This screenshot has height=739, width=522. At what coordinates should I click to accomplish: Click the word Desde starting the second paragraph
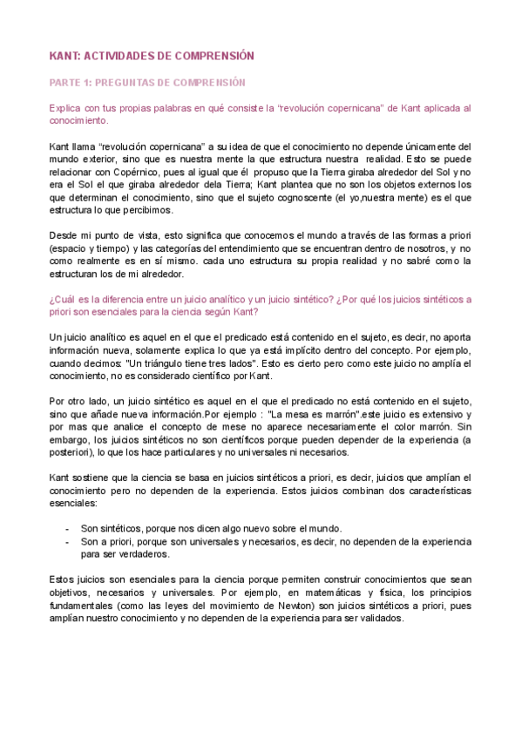click(x=62, y=235)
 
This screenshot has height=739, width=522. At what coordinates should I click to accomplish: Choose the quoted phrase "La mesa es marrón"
click(x=288, y=414)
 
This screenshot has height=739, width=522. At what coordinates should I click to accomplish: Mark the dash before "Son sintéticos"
click(x=68, y=529)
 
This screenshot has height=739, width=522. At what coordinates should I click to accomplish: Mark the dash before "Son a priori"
click(x=68, y=541)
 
